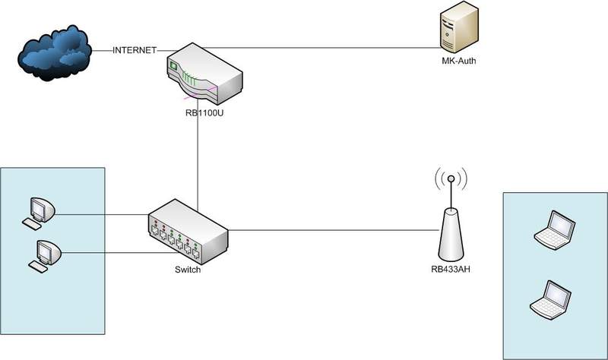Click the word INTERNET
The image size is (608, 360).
coord(135,51)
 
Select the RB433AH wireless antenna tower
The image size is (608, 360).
coord(451,235)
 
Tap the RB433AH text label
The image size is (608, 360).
coord(450,268)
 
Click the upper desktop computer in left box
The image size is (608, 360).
coord(40,210)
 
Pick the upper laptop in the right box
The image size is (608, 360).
coord(554,230)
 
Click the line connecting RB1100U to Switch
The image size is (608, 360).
coord(197,159)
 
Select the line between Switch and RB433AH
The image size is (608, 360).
coord(334,229)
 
